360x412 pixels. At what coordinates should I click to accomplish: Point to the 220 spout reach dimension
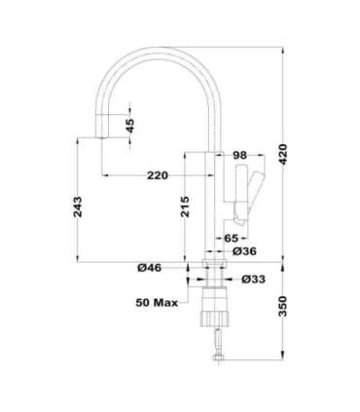pos(158,175)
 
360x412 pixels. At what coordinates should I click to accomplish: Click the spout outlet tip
pos(100,140)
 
